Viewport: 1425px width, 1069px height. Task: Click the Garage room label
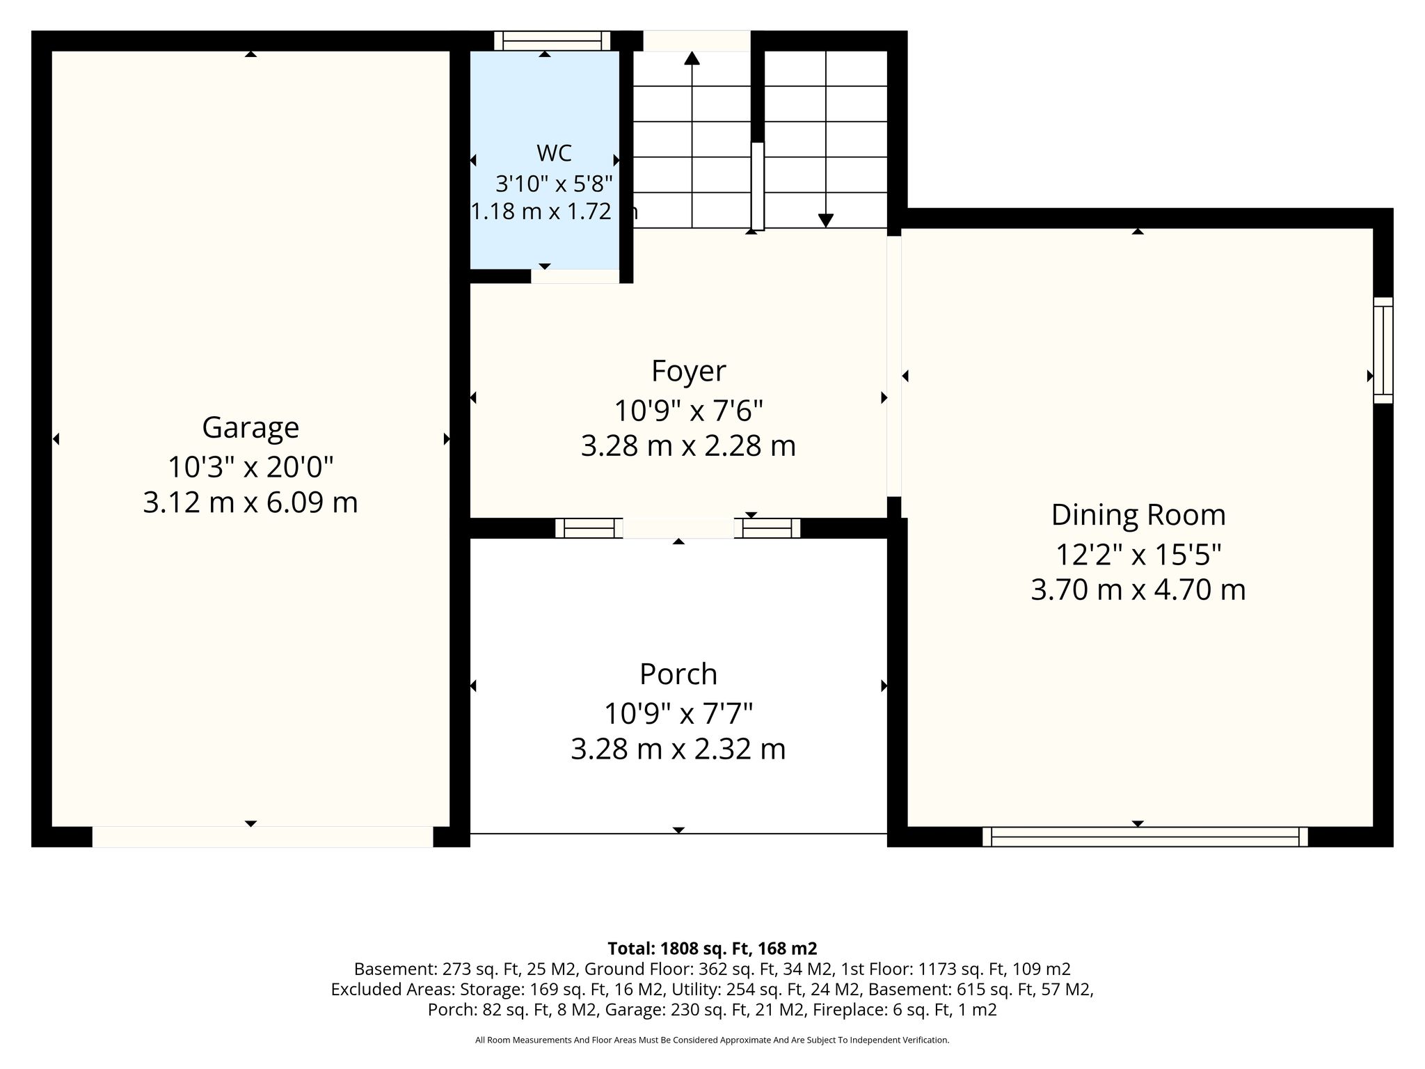[250, 427]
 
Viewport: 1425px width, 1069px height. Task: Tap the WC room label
[555, 152]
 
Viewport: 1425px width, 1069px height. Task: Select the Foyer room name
[688, 371]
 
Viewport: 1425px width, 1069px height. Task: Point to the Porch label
[678, 674]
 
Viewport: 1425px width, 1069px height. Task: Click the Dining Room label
[1138, 515]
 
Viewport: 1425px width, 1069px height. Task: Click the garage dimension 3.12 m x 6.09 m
[250, 502]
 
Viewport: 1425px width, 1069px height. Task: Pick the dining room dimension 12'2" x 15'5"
[1138, 555]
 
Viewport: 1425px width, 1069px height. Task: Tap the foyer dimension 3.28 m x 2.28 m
[688, 446]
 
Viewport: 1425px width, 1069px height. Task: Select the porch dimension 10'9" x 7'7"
[678, 713]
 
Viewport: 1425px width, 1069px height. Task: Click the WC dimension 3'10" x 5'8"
[554, 184]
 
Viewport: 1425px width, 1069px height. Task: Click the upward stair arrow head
[692, 58]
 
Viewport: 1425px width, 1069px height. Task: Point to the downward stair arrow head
[826, 221]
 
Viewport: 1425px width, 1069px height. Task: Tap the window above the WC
[552, 40]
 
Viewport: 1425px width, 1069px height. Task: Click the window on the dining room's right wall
[1383, 350]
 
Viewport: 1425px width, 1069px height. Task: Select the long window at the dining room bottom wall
[1145, 837]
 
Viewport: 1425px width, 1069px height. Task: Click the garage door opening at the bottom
[263, 837]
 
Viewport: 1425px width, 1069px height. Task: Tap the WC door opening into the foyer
[575, 276]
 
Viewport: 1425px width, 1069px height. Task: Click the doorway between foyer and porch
[678, 528]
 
